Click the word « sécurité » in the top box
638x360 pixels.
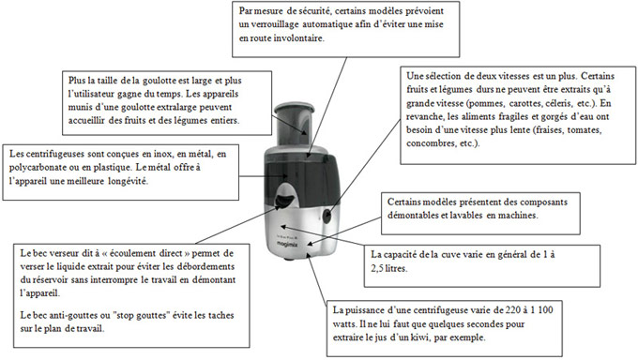[x=313, y=11]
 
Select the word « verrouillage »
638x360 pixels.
[x=276, y=24]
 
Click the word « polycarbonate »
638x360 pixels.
[x=36, y=168]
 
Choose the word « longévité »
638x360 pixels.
[x=128, y=182]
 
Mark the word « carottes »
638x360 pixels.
[x=526, y=103]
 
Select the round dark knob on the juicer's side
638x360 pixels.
[x=327, y=216]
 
